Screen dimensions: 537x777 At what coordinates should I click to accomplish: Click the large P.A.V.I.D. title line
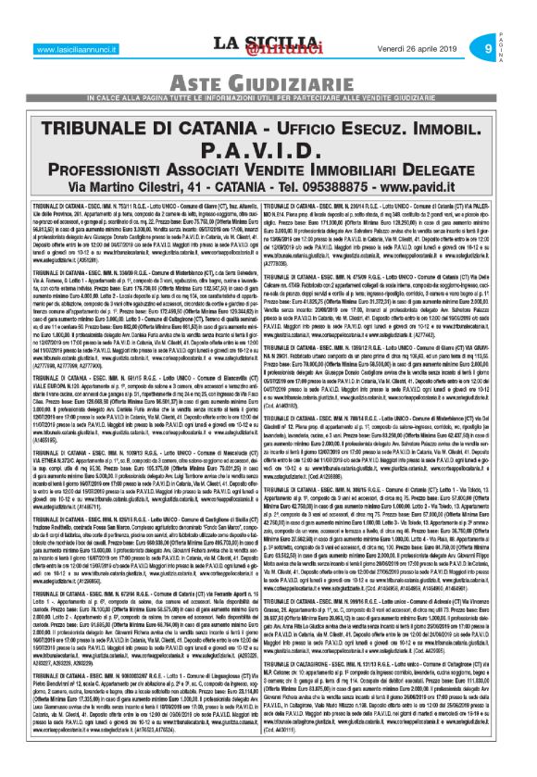tap(268, 150)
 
